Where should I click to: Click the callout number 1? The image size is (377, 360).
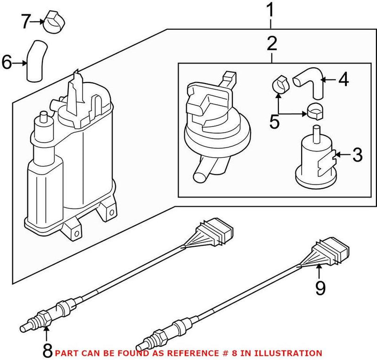coord(271,10)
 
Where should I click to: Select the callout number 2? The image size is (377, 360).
coord(271,44)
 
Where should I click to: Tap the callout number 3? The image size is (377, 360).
coord(358,154)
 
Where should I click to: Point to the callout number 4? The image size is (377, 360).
coord(344,80)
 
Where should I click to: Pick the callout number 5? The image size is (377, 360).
coord(274,121)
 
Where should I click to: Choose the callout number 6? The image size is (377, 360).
coord(7,63)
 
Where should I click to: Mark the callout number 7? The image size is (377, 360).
coord(26,21)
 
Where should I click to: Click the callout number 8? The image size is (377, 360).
coord(47,351)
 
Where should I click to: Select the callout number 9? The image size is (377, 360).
coord(320,288)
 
